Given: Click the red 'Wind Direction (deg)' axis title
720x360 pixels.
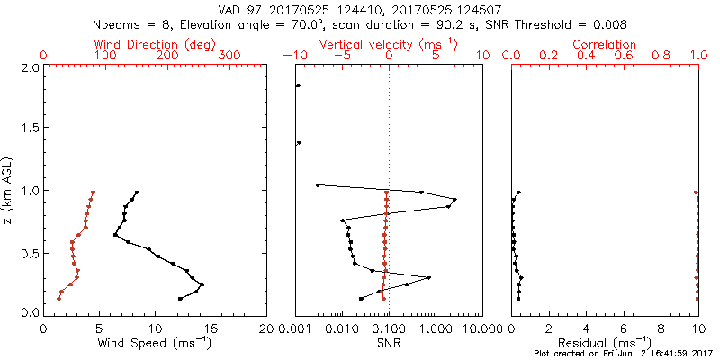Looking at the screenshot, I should [x=156, y=44].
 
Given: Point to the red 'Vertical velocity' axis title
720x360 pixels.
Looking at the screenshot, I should [x=388, y=44].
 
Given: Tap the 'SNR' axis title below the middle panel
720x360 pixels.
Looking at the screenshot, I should [x=388, y=343].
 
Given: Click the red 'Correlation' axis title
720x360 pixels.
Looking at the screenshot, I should [x=605, y=44].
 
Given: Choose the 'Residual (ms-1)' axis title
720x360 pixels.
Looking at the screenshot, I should [x=605, y=343].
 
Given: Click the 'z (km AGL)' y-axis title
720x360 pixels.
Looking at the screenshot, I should [x=8, y=190].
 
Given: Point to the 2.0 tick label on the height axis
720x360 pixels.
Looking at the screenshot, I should [x=29, y=68].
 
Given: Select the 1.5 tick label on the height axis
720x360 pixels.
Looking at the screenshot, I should [x=29, y=130].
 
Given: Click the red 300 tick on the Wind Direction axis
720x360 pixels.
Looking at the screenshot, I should [x=229, y=56].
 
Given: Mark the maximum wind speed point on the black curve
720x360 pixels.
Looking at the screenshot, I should [x=202, y=285].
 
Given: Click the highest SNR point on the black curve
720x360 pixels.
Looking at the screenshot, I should [x=454, y=200].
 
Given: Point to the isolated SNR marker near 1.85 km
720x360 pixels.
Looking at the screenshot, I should [x=298, y=86].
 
